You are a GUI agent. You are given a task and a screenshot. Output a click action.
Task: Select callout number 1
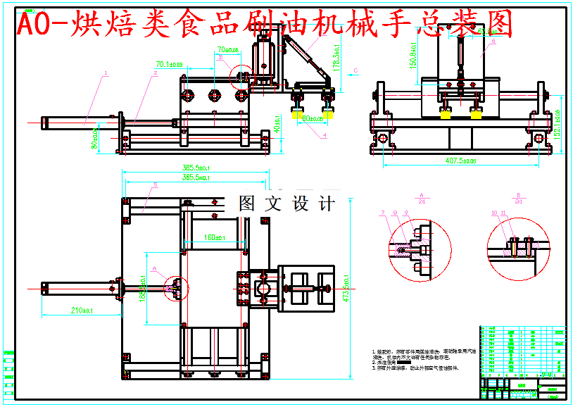point(105,73)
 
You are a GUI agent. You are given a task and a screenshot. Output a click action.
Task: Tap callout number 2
point(155,73)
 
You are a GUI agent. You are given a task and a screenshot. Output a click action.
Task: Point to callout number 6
point(493,42)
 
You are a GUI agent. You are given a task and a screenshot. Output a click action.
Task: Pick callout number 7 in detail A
point(382,212)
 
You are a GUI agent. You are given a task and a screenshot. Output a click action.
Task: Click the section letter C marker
point(356,70)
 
